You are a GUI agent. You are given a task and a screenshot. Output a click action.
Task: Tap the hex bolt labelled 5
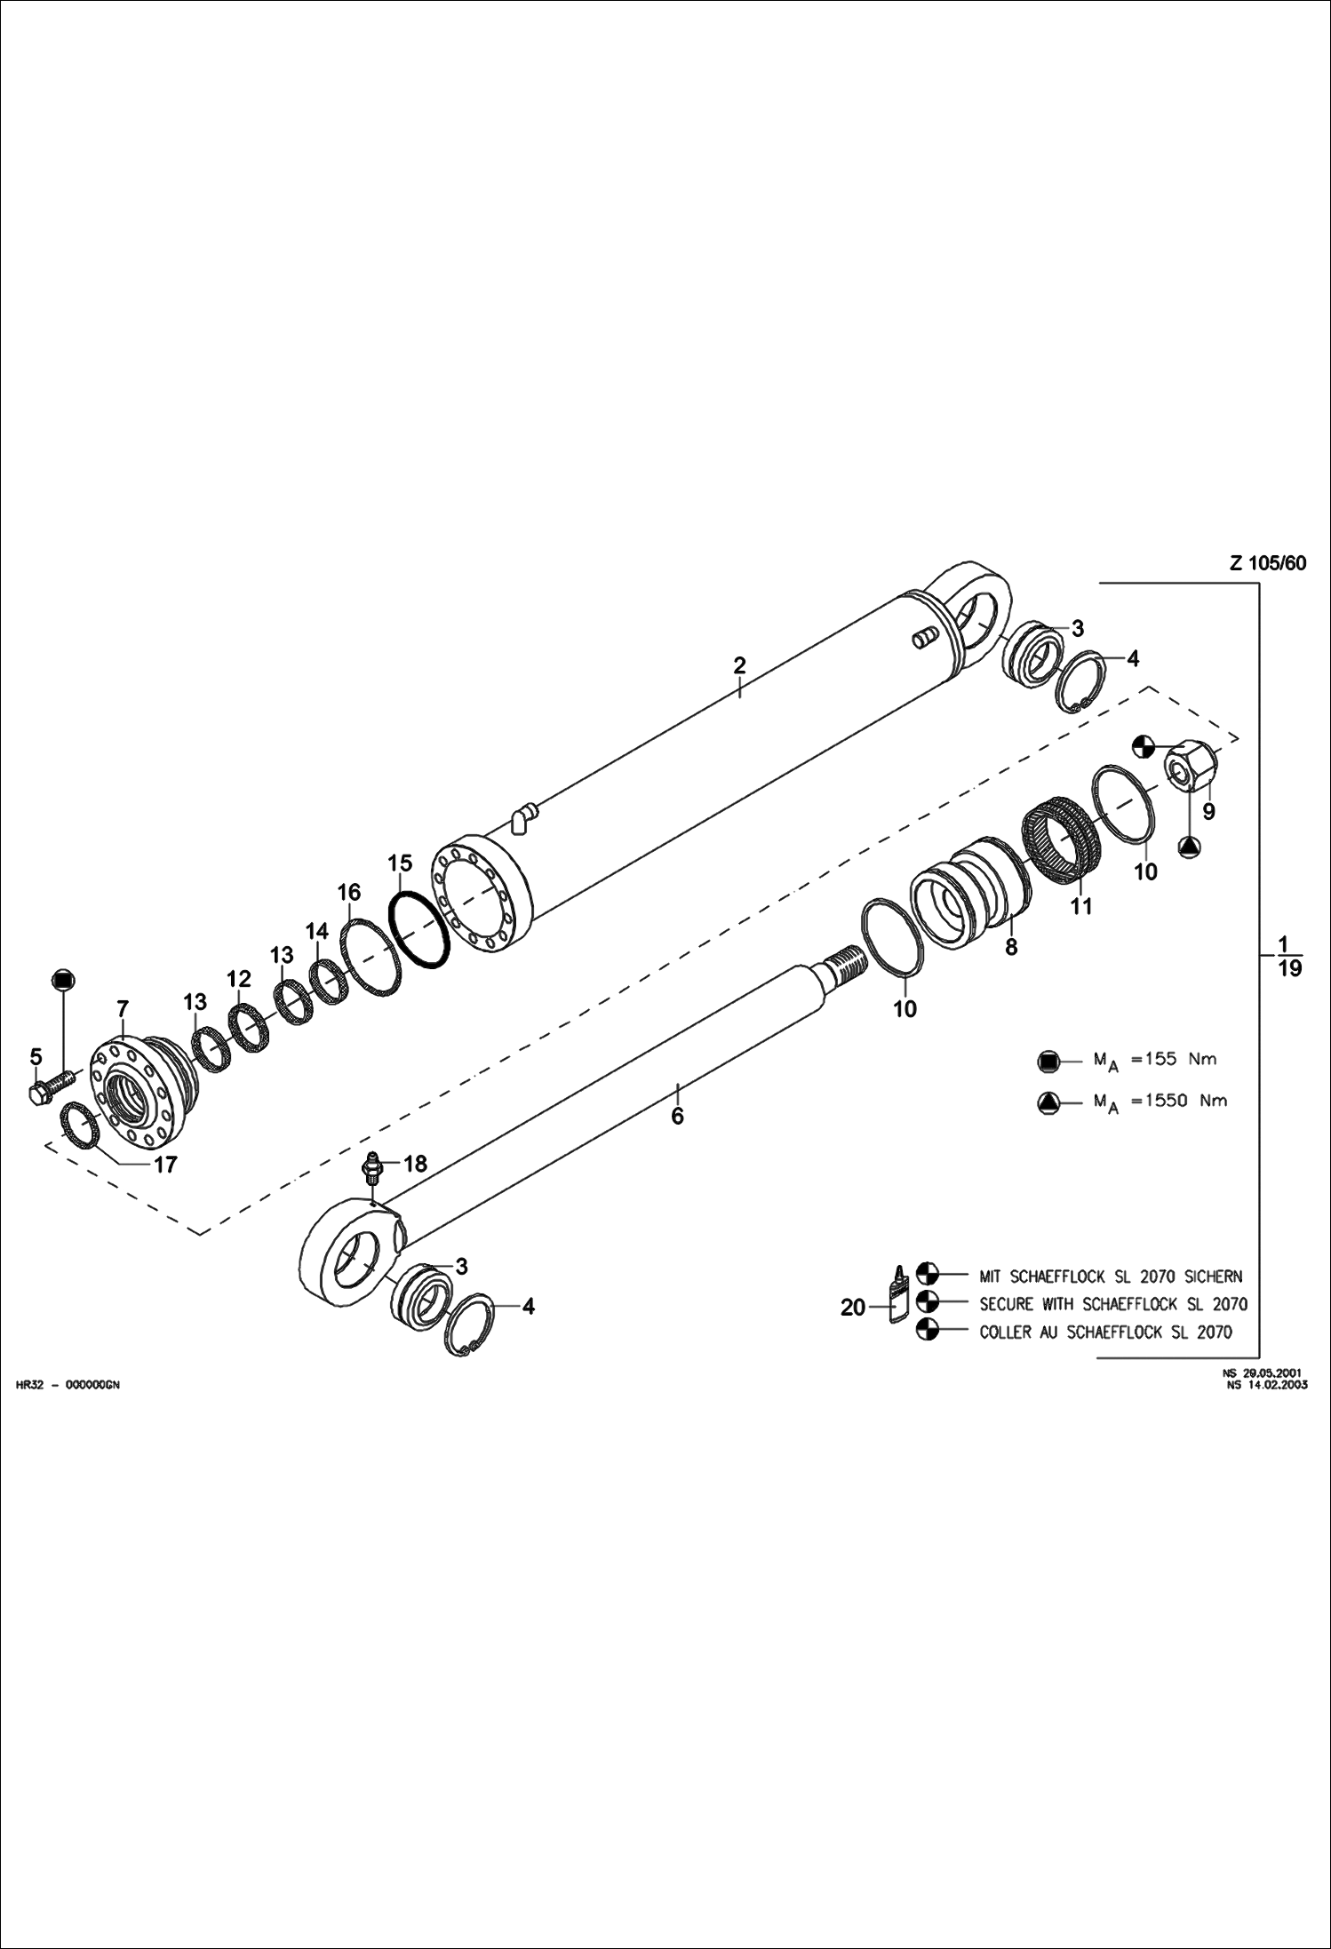point(53,1086)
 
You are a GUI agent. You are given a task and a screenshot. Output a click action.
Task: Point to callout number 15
point(400,863)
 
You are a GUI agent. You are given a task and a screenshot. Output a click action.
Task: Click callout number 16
point(349,892)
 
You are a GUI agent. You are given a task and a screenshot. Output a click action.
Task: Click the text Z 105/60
point(1268,562)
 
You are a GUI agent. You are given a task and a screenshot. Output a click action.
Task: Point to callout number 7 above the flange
point(123,1008)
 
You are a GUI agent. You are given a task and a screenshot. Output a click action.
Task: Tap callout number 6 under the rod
point(677,1116)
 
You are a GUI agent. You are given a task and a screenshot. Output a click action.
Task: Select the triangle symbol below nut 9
point(1190,847)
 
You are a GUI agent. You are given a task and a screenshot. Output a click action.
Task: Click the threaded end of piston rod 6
point(847,962)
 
